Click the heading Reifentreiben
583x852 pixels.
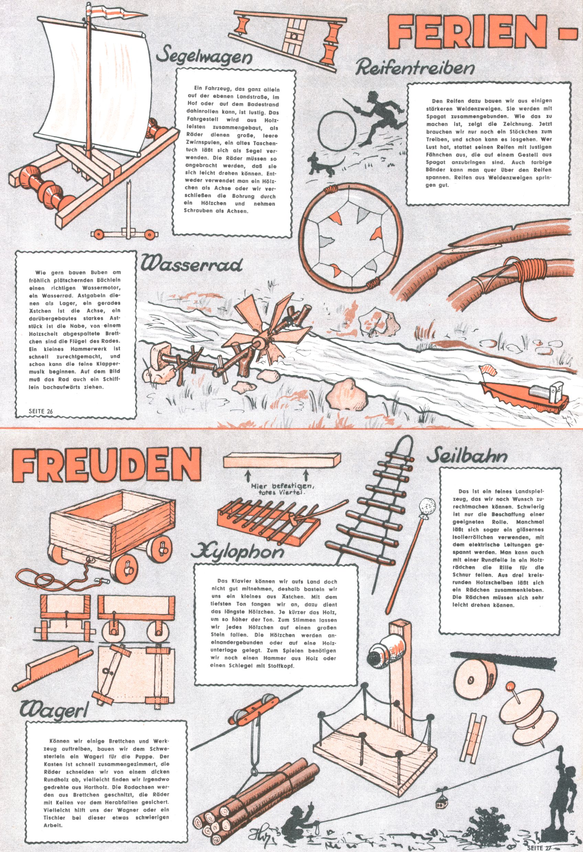[415, 68]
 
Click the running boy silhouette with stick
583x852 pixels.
[376, 117]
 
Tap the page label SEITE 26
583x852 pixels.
[41, 411]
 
